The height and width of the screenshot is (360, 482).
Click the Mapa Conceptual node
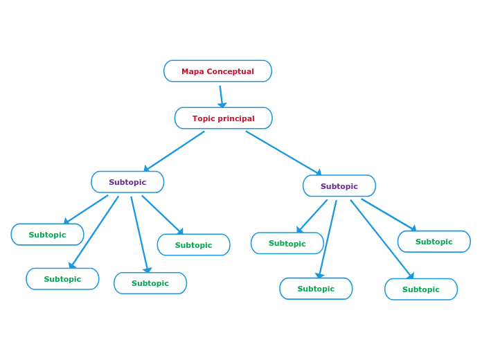[x=217, y=71]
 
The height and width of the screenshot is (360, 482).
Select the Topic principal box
[x=223, y=118]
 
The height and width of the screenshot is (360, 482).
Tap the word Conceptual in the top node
[x=232, y=71]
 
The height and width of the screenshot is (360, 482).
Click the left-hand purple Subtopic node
[x=127, y=182]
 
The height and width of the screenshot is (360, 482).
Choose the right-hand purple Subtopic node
[x=339, y=186]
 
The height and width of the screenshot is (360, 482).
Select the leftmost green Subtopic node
[x=47, y=235]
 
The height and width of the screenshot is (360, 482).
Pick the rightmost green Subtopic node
[x=434, y=242]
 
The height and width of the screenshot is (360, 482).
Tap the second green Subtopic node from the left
[x=62, y=279]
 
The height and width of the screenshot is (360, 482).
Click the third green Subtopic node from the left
[x=150, y=283]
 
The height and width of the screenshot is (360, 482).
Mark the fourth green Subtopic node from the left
[x=193, y=245]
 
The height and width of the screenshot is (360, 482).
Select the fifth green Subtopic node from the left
[x=287, y=243]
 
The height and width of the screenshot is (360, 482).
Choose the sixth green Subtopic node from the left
[x=316, y=289]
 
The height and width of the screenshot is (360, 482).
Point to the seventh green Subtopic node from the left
[x=421, y=289]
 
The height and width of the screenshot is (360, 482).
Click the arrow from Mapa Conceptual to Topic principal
[x=222, y=96]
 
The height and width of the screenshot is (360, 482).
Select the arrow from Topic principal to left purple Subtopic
[x=175, y=151]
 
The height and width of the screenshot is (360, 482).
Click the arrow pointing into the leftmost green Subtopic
[x=86, y=209]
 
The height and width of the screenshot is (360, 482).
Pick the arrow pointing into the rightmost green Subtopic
[x=389, y=215]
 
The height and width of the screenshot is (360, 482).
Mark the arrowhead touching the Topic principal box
[x=222, y=105]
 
